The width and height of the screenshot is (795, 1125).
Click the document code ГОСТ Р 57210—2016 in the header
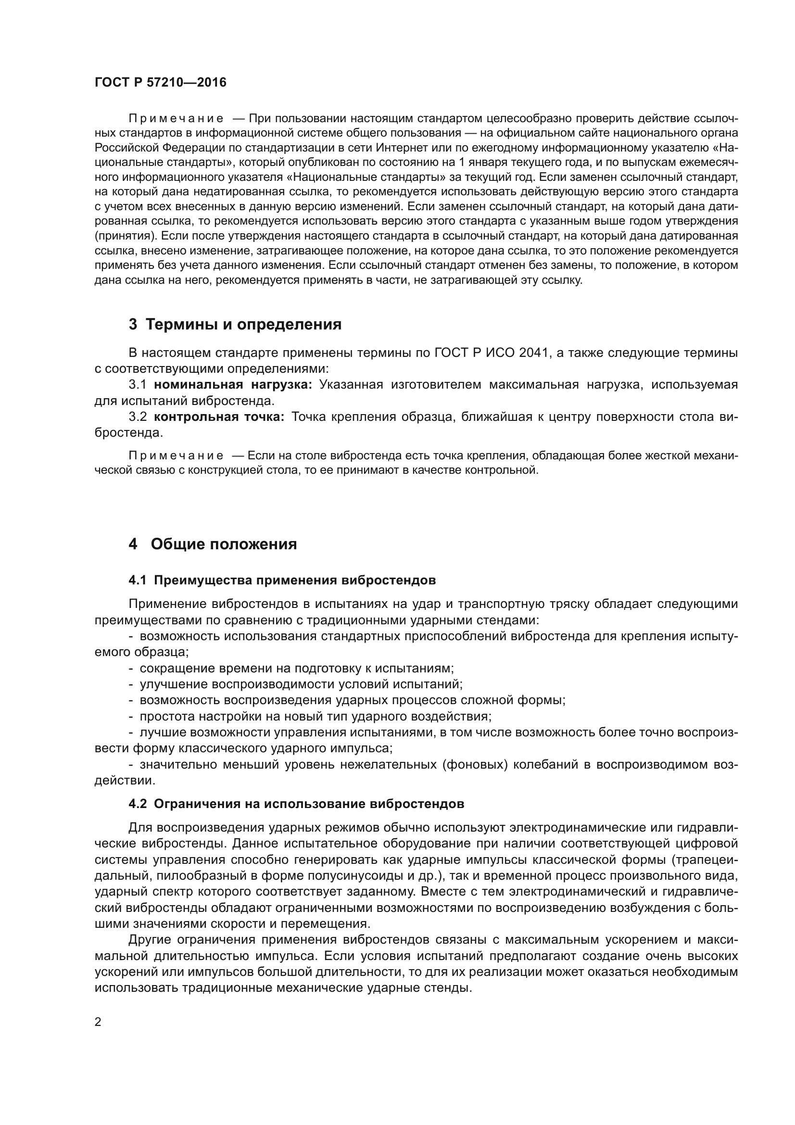(x=160, y=82)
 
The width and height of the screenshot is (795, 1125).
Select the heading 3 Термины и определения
(x=235, y=324)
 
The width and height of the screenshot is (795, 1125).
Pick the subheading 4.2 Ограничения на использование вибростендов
(x=296, y=804)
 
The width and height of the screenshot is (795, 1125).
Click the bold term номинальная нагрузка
(x=233, y=385)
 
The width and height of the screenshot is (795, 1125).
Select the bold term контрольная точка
(x=219, y=417)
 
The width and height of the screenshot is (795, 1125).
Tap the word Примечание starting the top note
(x=176, y=118)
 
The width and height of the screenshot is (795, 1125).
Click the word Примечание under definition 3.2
(x=176, y=455)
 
